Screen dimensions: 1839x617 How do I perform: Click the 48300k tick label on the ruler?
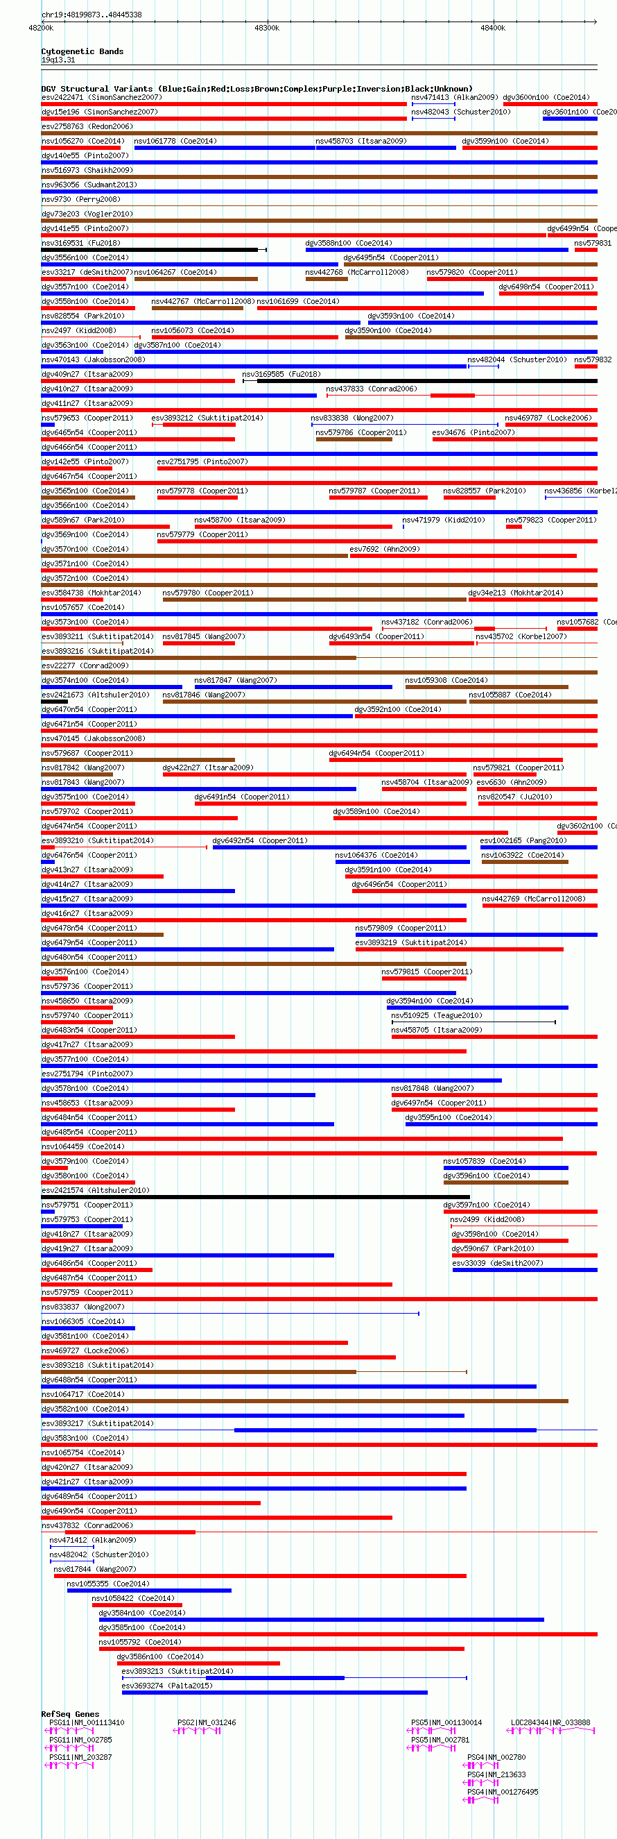267,28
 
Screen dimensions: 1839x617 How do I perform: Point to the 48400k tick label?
492,28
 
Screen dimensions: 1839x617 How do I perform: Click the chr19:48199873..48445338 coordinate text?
92,15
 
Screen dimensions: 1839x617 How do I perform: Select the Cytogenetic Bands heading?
82,51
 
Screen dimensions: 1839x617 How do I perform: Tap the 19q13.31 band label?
58,60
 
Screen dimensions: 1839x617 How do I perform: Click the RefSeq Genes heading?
70,1714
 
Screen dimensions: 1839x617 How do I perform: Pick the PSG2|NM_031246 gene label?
206,1722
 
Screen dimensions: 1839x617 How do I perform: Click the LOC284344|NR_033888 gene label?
550,1722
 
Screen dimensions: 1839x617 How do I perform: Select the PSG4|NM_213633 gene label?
496,1774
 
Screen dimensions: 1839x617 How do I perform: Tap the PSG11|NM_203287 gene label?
80,1758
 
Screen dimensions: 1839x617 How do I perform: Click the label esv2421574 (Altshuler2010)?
95,1190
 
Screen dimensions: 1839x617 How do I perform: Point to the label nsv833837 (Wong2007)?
82,1307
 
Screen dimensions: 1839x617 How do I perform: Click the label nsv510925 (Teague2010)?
436,1015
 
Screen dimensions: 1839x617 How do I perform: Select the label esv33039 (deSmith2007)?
497,1263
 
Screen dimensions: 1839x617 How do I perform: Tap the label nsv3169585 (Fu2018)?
281,374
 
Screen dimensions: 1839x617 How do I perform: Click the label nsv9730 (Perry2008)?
80,199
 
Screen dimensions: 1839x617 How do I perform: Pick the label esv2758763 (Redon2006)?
86,126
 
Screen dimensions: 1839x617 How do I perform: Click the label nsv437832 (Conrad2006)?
86,1525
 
